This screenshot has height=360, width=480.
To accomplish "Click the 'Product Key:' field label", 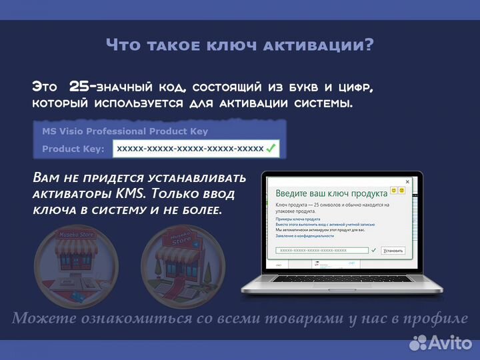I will pos(73,149).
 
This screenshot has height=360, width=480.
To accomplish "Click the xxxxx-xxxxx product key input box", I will pos(190,149).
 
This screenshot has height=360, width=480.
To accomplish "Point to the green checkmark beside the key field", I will pos(271,149).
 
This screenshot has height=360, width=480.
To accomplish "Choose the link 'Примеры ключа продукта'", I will pos(298,219).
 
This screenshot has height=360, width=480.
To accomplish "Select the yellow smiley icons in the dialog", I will pos(397,191).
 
